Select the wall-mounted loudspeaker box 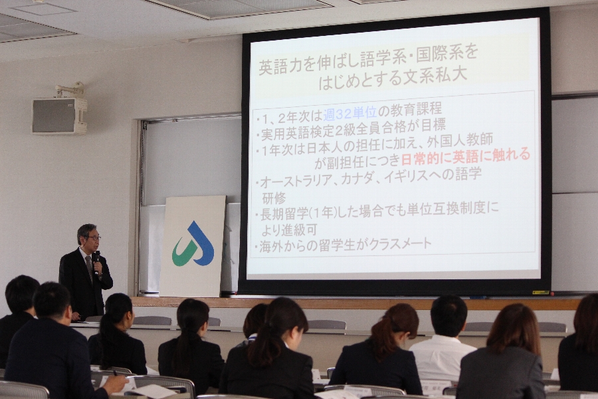pyautogui.click(x=58, y=116)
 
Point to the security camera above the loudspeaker pyautogui.click(x=70, y=89)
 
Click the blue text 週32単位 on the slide pyautogui.click(x=350, y=112)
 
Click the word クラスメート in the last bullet pyautogui.click(x=400, y=244)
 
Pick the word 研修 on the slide pyautogui.click(x=274, y=198)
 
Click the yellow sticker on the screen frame pyautogui.click(x=540, y=293)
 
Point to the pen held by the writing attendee pyautogui.click(x=116, y=373)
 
